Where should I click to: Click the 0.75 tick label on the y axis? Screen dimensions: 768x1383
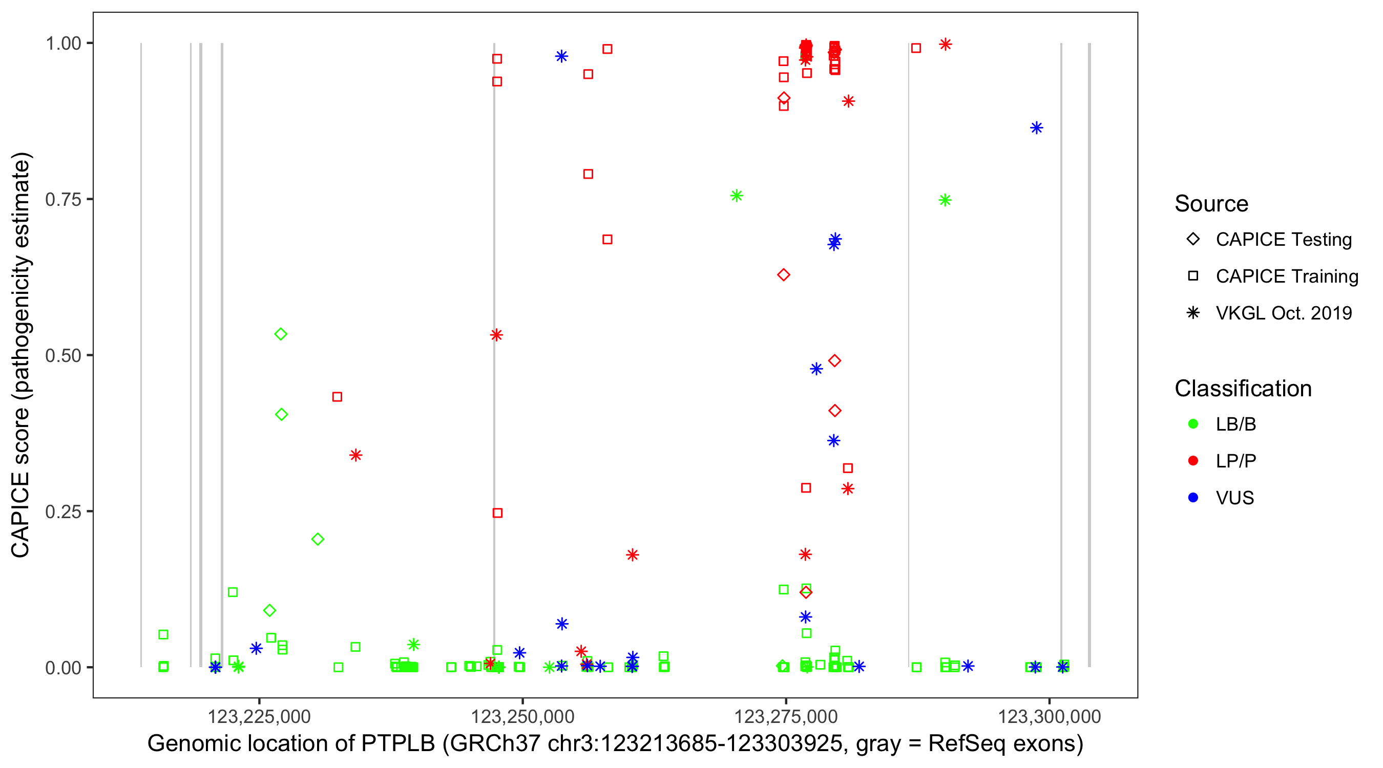pyautogui.click(x=62, y=200)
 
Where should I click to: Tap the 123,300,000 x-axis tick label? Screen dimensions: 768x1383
pyautogui.click(x=1049, y=716)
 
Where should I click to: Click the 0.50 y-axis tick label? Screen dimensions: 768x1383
pyautogui.click(x=62, y=356)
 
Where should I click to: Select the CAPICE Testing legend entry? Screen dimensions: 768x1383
pyautogui.click(x=1283, y=240)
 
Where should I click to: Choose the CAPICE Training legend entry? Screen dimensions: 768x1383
pyautogui.click(x=1286, y=276)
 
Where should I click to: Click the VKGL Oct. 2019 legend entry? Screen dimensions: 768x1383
pyautogui.click(x=1283, y=313)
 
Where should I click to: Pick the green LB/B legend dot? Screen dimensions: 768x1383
pyautogui.click(x=1193, y=424)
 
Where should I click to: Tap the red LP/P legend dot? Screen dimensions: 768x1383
pyautogui.click(x=1193, y=461)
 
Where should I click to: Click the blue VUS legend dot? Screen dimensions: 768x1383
pyautogui.click(x=1193, y=498)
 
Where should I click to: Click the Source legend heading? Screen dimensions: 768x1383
pyautogui.click(x=1211, y=204)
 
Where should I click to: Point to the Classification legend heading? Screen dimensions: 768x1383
pyautogui.click(x=1243, y=389)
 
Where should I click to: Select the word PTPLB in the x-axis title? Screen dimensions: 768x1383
pyautogui.click(x=398, y=744)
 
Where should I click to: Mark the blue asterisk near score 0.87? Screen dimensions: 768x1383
pyautogui.click(x=1036, y=127)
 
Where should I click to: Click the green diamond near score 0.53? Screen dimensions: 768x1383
pyautogui.click(x=280, y=334)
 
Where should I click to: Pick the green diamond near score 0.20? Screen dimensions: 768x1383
pyautogui.click(x=317, y=539)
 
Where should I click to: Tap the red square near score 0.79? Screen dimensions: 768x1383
pyautogui.click(x=588, y=174)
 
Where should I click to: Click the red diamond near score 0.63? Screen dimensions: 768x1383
pyautogui.click(x=783, y=275)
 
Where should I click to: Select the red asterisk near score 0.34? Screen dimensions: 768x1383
pyautogui.click(x=355, y=455)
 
